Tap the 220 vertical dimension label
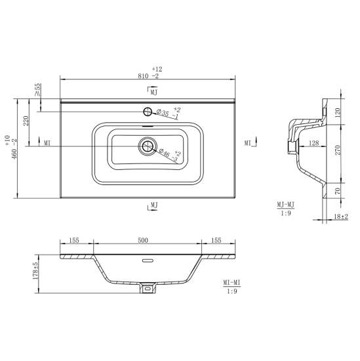point(26,121)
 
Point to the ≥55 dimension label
point(37,90)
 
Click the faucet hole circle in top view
point(148,112)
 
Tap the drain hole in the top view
point(148,146)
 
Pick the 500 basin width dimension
point(143,240)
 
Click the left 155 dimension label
point(74,240)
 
